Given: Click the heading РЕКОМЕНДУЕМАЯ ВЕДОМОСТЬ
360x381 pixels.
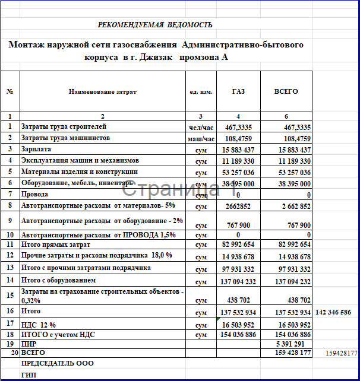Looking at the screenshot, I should pos(155,24).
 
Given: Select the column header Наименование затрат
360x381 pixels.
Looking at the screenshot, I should pos(102,92).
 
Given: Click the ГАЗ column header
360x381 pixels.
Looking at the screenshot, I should pos(238,92).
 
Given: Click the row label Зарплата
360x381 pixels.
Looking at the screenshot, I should pos(36,150).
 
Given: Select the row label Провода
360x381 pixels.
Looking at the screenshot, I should pos(34,194).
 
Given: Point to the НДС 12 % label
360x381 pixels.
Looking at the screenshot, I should pos(39,325).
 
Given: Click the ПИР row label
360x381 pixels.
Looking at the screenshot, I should pos(28,344).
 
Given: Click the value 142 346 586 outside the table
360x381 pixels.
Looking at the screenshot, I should pos(334,312).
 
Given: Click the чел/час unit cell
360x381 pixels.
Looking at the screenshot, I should pos(200,128).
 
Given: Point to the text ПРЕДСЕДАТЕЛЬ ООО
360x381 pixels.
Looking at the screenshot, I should pos(58,363).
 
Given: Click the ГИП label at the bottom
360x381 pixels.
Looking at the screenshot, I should pos(29,374).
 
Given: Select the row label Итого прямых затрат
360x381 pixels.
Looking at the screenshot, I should pos(56,244).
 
